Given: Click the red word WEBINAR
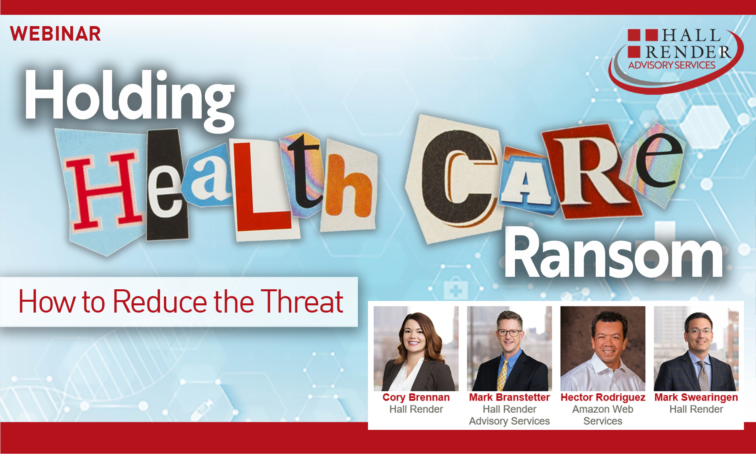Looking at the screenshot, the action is coord(55,34).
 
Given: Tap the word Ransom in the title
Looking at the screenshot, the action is coord(613,253).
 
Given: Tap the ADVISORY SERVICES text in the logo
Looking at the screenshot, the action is coord(672,65).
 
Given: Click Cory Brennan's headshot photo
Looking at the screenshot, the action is coord(416,348).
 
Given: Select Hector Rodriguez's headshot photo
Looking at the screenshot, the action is coord(603,348).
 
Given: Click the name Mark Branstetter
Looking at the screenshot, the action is coord(509,397).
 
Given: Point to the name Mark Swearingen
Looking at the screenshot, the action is coord(696,397).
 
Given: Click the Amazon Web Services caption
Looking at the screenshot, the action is coord(603,415).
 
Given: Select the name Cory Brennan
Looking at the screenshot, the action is coord(416,397).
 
